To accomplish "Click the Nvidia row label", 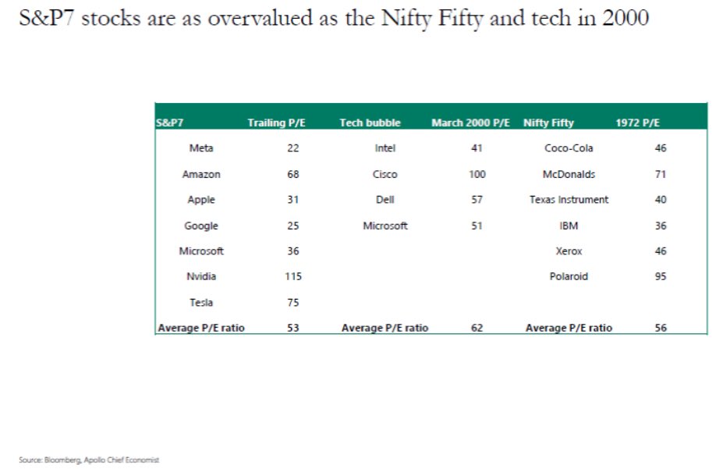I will tap(201, 276).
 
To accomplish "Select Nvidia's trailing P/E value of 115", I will tap(292, 276).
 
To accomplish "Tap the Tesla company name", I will tap(201, 302).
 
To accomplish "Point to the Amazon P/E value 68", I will tap(292, 174).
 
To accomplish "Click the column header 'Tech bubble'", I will tap(370, 123).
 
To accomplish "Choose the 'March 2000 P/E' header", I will tap(470, 123).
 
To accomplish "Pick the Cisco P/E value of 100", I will tap(477, 174).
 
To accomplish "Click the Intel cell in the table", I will tap(385, 148).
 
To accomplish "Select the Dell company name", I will tap(385, 200).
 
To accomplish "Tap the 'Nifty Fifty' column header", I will tap(549, 123).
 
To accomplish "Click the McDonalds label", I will tap(569, 174).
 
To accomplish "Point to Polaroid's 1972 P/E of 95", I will tap(661, 276).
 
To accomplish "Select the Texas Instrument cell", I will tap(569, 200).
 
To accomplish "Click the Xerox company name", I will tap(569, 251).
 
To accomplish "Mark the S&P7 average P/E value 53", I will tap(292, 329).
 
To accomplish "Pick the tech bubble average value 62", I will tap(477, 329).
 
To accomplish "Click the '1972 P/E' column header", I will tap(637, 123).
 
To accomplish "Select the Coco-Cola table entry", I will tap(569, 148).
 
